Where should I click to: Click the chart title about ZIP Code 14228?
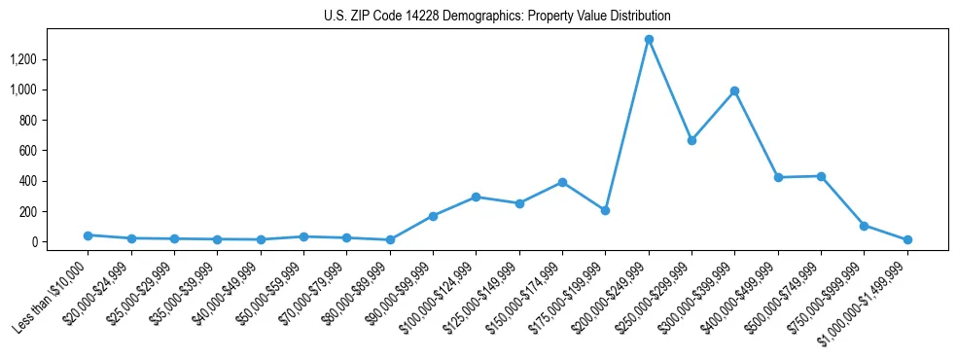(x=497, y=17)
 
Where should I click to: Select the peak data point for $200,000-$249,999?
(x=649, y=40)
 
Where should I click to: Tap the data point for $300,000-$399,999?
(x=734, y=91)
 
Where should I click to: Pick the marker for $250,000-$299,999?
(x=691, y=140)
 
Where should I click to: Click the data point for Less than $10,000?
(x=89, y=235)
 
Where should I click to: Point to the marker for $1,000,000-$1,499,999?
(x=907, y=239)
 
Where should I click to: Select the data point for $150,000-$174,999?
(x=562, y=182)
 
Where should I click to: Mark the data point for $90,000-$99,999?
(x=433, y=216)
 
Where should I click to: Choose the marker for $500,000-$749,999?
(x=821, y=176)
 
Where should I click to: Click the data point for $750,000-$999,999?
(x=864, y=226)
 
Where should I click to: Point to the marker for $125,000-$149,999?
(x=519, y=203)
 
